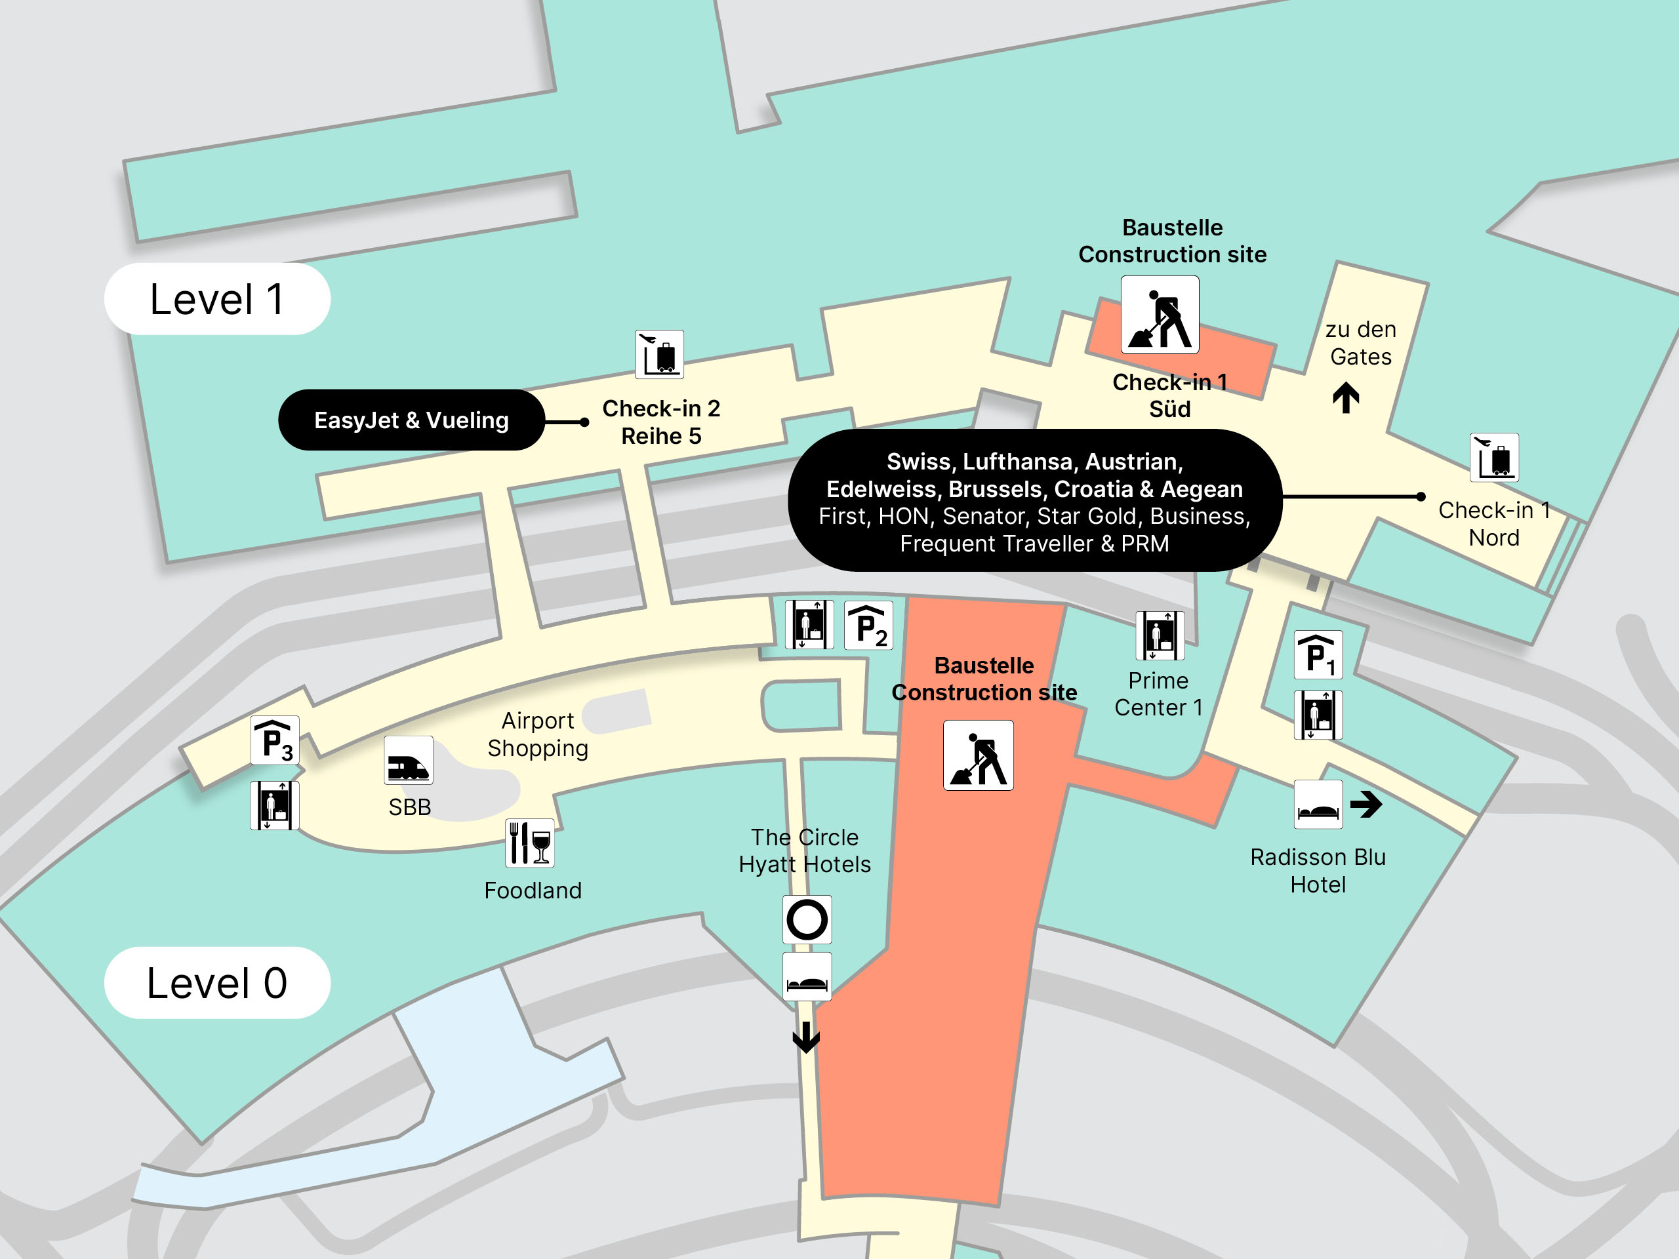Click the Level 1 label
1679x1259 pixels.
(x=216, y=299)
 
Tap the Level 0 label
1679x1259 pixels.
(x=216, y=983)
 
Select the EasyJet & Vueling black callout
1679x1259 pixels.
(x=411, y=420)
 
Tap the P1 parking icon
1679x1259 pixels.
(x=1318, y=655)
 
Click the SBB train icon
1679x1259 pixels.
(x=409, y=761)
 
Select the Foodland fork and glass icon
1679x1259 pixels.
(x=530, y=843)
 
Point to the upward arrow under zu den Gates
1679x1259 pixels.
(x=1346, y=397)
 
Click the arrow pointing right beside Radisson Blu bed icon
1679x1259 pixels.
(x=1366, y=805)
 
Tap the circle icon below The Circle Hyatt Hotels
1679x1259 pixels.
(x=807, y=920)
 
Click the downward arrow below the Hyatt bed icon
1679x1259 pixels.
(x=806, y=1037)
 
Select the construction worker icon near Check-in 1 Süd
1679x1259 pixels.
(x=1160, y=315)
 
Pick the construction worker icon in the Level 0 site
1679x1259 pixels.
(x=978, y=756)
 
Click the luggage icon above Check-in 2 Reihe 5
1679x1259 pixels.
(x=659, y=354)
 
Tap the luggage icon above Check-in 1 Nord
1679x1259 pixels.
(x=1494, y=458)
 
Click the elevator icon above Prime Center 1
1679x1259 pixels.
(x=1160, y=636)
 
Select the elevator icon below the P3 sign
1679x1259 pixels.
(x=275, y=806)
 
